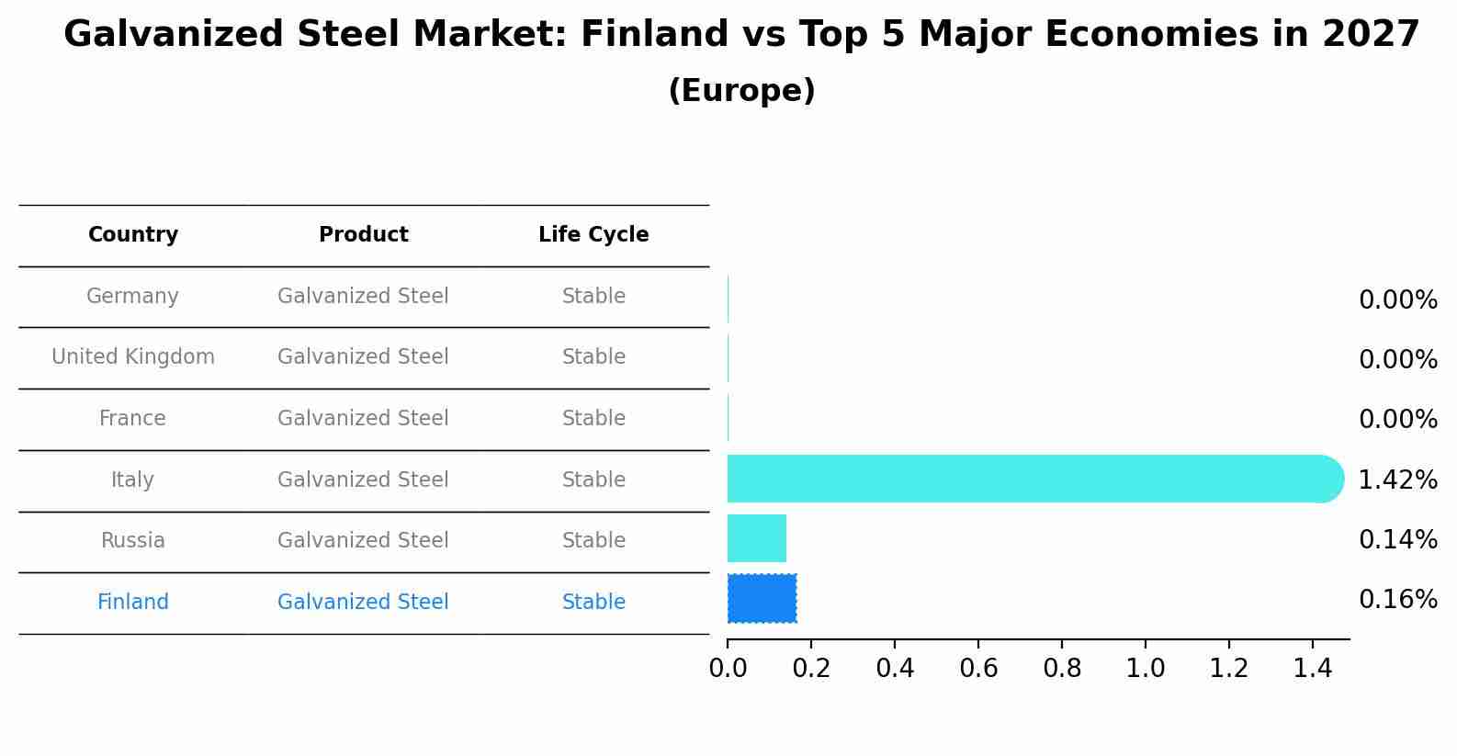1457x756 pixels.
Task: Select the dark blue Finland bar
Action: pos(762,598)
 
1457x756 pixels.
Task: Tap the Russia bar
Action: pos(756,538)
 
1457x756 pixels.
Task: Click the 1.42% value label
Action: pos(1397,480)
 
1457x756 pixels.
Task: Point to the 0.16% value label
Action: pos(1397,600)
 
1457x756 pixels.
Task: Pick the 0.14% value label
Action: pos(1397,540)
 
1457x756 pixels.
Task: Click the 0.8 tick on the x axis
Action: pos(1062,669)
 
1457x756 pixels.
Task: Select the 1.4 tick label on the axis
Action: pos(1312,669)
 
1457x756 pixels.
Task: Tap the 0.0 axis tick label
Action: pos(728,669)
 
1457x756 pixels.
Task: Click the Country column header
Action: pos(133,235)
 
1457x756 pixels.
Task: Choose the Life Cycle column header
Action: pos(593,235)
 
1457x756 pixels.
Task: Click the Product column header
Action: pos(363,235)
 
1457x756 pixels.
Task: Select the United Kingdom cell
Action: pos(133,357)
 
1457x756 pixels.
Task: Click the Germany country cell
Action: pos(132,297)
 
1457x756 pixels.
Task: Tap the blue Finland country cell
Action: pos(133,603)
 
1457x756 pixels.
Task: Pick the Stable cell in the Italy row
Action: pos(593,480)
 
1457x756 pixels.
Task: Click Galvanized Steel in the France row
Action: pos(363,419)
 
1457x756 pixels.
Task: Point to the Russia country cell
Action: pos(133,541)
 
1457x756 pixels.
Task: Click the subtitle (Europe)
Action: pos(741,91)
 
